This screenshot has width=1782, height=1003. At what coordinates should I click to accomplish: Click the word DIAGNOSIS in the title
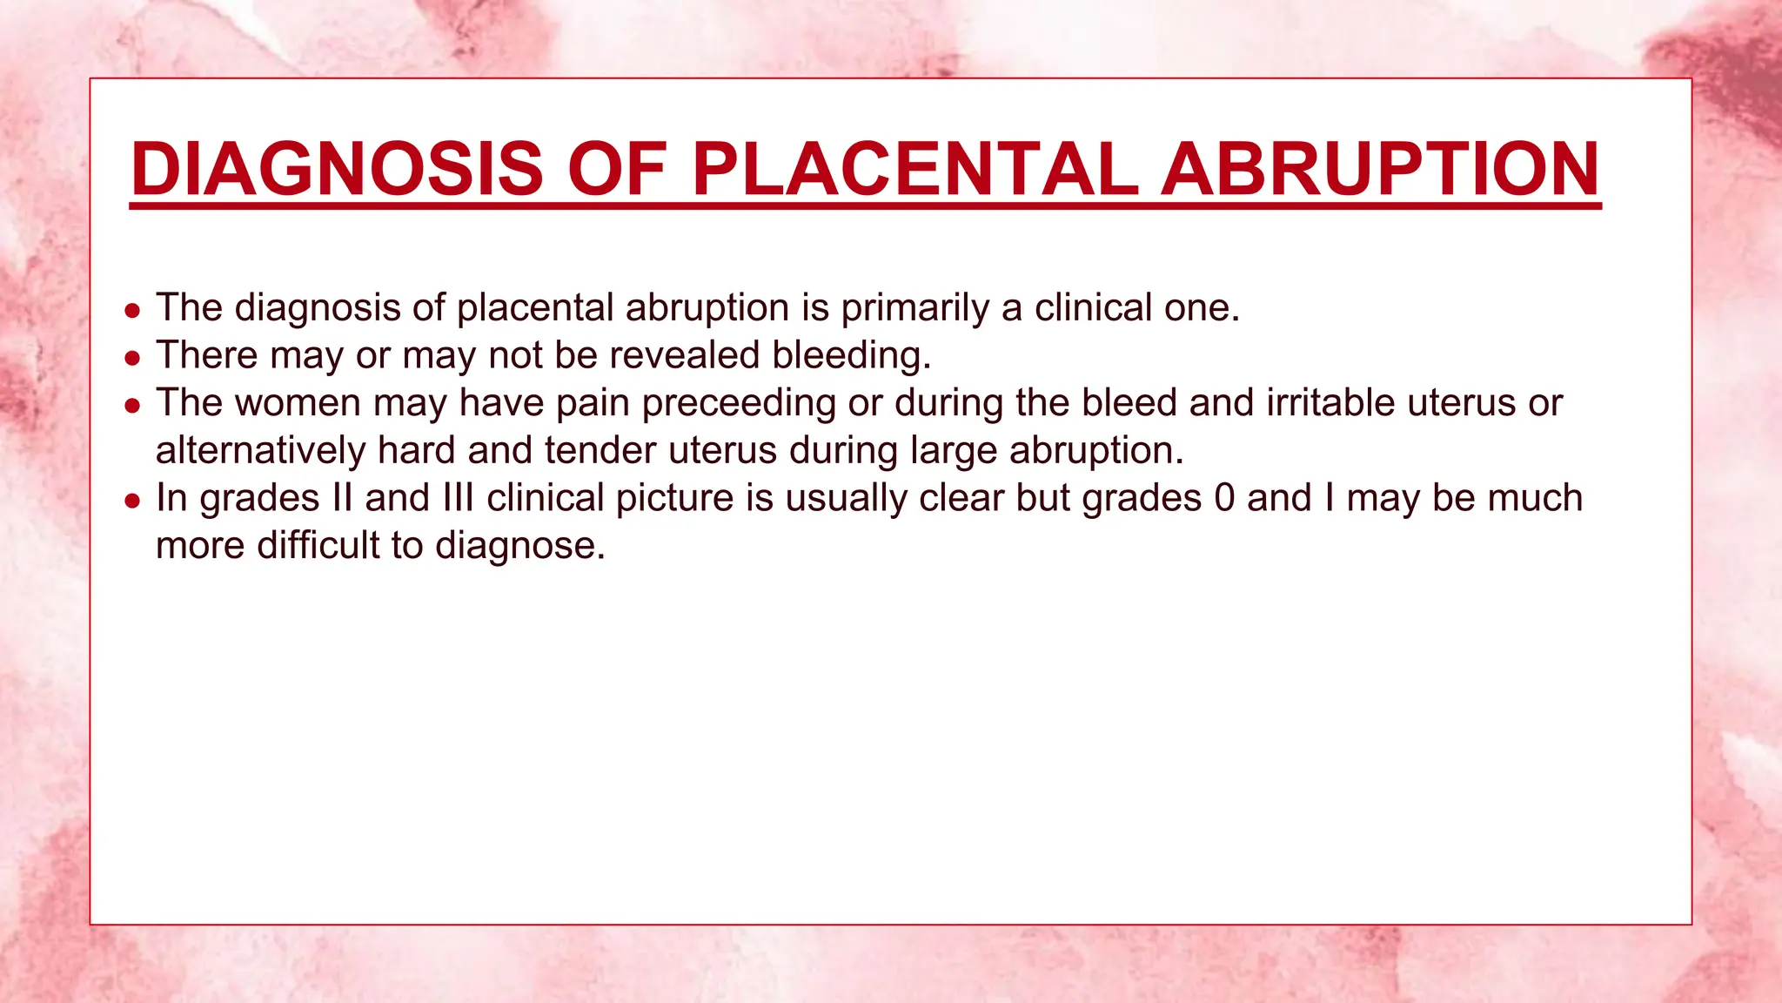pyautogui.click(x=337, y=169)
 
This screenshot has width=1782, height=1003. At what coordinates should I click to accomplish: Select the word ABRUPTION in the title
pyautogui.click(x=1381, y=169)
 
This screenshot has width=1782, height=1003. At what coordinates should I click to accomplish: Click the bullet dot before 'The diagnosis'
pyautogui.click(x=132, y=310)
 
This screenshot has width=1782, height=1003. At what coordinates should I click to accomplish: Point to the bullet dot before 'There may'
pyautogui.click(x=132, y=358)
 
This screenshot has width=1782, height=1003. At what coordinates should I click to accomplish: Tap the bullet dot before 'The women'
pyautogui.click(x=132, y=406)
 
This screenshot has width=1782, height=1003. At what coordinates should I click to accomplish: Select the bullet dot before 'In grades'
pyautogui.click(x=132, y=501)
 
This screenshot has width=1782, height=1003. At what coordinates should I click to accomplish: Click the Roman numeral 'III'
pyautogui.click(x=458, y=498)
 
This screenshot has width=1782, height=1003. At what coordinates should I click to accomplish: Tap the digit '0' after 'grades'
pyautogui.click(x=1224, y=498)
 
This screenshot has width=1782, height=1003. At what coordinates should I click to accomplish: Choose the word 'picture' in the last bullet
pyautogui.click(x=673, y=498)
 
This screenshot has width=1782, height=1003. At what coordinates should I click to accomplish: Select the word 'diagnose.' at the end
pyautogui.click(x=519, y=546)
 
